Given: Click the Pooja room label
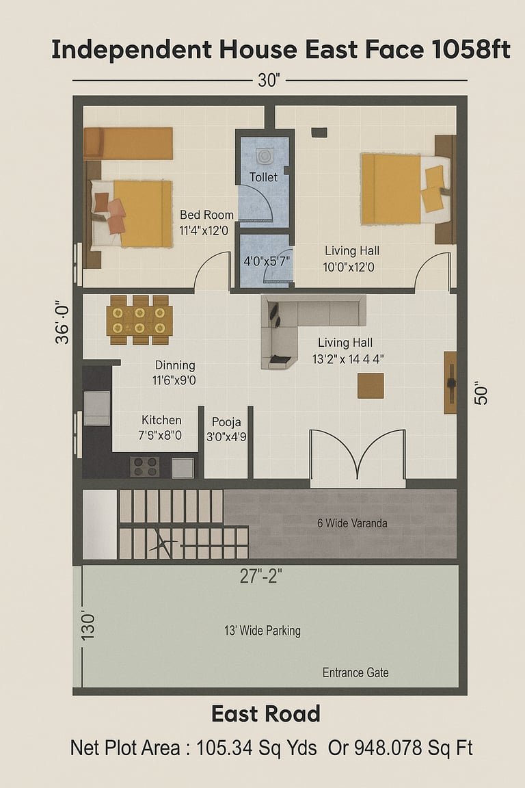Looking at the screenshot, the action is [226, 422].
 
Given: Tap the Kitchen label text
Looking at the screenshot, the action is [161, 420].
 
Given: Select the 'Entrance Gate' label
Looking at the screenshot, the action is [355, 672].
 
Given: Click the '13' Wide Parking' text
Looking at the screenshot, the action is [262, 631].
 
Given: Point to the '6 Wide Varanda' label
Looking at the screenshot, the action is [352, 523].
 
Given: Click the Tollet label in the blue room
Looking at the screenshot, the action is [263, 177].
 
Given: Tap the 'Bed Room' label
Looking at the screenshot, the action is [206, 215].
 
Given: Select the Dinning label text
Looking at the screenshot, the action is [175, 365].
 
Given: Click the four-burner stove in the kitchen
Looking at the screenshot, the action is [145, 467].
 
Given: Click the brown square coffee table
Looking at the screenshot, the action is [371, 386].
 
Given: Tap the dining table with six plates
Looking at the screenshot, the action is [139, 321].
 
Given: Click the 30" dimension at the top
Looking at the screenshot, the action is [269, 81].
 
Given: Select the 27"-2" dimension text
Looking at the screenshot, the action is [260, 576].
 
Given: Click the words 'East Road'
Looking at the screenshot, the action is [266, 713].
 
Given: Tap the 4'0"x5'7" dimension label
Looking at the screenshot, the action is [267, 261].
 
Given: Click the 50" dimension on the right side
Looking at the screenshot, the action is [481, 395].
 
